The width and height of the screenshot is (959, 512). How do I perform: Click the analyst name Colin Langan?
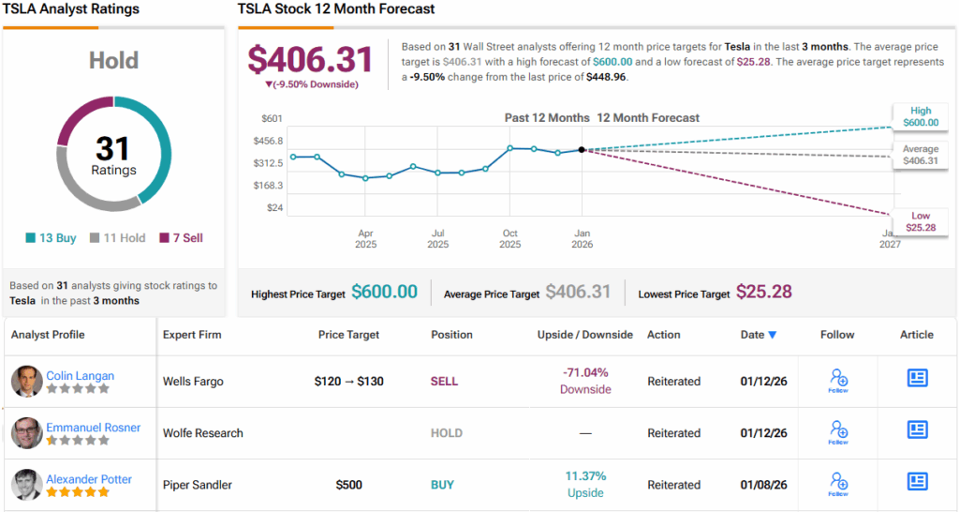(x=81, y=375)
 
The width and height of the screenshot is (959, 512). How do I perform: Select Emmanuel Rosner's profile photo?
(x=26, y=433)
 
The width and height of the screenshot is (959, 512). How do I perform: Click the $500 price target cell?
(x=349, y=485)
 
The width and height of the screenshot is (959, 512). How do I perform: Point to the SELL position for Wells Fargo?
(x=445, y=382)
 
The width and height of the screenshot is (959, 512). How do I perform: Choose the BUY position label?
(x=442, y=485)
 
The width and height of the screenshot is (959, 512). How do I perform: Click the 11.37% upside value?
(x=585, y=476)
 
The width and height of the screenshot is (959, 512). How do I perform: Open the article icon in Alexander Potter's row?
(x=917, y=482)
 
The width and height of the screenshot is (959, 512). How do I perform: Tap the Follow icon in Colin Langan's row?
(x=838, y=379)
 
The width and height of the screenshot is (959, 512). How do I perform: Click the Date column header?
(x=758, y=334)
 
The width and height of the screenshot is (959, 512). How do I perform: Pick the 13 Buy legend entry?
(x=52, y=238)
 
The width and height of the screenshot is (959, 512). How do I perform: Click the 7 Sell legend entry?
(x=181, y=238)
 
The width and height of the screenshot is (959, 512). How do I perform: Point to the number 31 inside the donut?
(x=113, y=148)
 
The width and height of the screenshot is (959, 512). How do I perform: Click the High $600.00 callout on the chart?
(x=920, y=116)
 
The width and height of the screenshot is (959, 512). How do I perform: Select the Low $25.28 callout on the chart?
(x=920, y=221)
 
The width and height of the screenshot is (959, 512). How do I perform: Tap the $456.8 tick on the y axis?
(x=267, y=141)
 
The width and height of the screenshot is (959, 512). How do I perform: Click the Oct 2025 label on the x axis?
(x=510, y=238)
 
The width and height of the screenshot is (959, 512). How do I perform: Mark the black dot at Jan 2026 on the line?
(x=582, y=149)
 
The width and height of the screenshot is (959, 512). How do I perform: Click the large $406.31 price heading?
(x=310, y=59)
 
